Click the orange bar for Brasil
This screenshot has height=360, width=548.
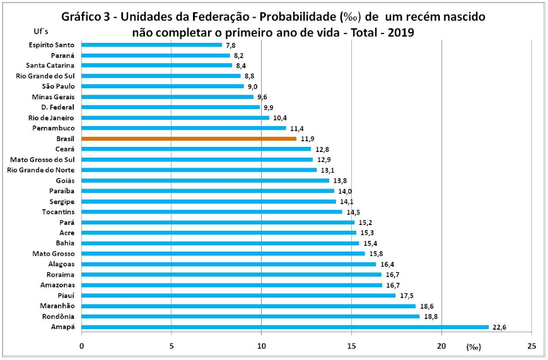pyautogui.click(x=189, y=138)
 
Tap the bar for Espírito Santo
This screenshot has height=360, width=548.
pyautogui.click(x=151, y=45)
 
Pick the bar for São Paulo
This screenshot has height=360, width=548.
pyautogui.click(x=162, y=86)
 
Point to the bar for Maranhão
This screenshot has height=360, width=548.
pyautogui.click(x=248, y=306)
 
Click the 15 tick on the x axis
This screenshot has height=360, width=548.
pyautogui.click(x=351, y=346)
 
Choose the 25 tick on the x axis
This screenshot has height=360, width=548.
pyautogui.click(x=532, y=346)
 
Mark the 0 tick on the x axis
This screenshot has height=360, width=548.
pyautogui.click(x=81, y=346)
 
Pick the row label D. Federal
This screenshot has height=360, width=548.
pyautogui.click(x=57, y=107)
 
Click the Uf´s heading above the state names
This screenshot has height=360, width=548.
pyautogui.click(x=40, y=31)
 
